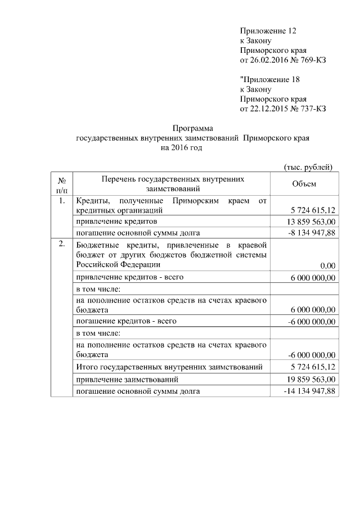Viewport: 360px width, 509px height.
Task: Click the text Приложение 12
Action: coord(268,30)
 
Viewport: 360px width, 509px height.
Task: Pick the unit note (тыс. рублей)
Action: coord(307,166)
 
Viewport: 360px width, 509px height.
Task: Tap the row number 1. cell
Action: coord(62,201)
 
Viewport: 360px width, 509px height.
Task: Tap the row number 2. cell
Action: coord(62,244)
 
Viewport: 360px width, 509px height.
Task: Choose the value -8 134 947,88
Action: coord(309,232)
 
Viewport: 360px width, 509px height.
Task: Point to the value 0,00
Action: coord(327,265)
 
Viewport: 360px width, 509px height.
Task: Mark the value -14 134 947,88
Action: coord(309,391)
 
